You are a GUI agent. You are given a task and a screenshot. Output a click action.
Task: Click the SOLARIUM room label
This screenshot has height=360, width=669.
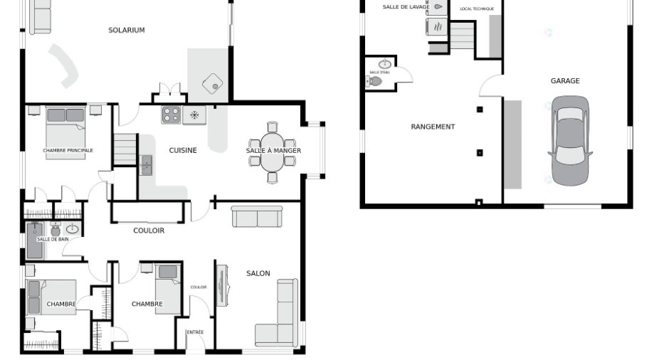pyautogui.click(x=126, y=30)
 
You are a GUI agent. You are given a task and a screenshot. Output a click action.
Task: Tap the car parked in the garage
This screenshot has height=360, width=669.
pyautogui.click(x=570, y=141)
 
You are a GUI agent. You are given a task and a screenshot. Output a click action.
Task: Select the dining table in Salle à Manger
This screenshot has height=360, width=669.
pyautogui.click(x=272, y=152)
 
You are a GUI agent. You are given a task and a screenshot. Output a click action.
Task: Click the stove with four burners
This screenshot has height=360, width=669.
pyautogui.click(x=171, y=115)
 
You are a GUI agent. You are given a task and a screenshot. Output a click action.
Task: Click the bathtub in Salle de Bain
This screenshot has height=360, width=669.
pyautogui.click(x=35, y=240)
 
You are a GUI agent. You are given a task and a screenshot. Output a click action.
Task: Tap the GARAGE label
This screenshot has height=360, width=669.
pyautogui.click(x=565, y=80)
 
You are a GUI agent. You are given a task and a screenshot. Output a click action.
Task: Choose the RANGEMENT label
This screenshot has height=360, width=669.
pyautogui.click(x=433, y=127)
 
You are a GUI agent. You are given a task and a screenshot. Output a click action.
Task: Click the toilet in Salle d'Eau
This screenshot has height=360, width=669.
pyautogui.click(x=374, y=81)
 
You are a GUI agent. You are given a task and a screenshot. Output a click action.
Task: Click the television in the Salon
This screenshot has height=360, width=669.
pyautogui.click(x=222, y=285)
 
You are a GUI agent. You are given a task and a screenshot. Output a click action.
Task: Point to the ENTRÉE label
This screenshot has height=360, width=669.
pyautogui.click(x=195, y=332)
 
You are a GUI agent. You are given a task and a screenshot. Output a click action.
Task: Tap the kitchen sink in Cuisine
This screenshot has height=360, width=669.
pyautogui.click(x=146, y=164)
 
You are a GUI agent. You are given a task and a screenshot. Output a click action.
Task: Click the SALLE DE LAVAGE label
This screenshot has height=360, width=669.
pyautogui.click(x=406, y=7)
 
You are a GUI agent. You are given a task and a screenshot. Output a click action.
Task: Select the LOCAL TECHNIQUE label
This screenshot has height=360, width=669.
pyautogui.click(x=477, y=9)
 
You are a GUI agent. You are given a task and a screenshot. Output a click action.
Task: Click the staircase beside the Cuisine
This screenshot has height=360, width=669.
pyautogui.click(x=125, y=149)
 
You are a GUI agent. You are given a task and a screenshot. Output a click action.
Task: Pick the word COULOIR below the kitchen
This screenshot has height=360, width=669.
pyautogui.click(x=149, y=231)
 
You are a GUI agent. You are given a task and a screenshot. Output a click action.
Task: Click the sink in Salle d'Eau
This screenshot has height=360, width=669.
pyautogui.click(x=385, y=64)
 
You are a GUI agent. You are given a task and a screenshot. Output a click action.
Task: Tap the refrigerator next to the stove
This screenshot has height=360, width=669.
pyautogui.click(x=194, y=115)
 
